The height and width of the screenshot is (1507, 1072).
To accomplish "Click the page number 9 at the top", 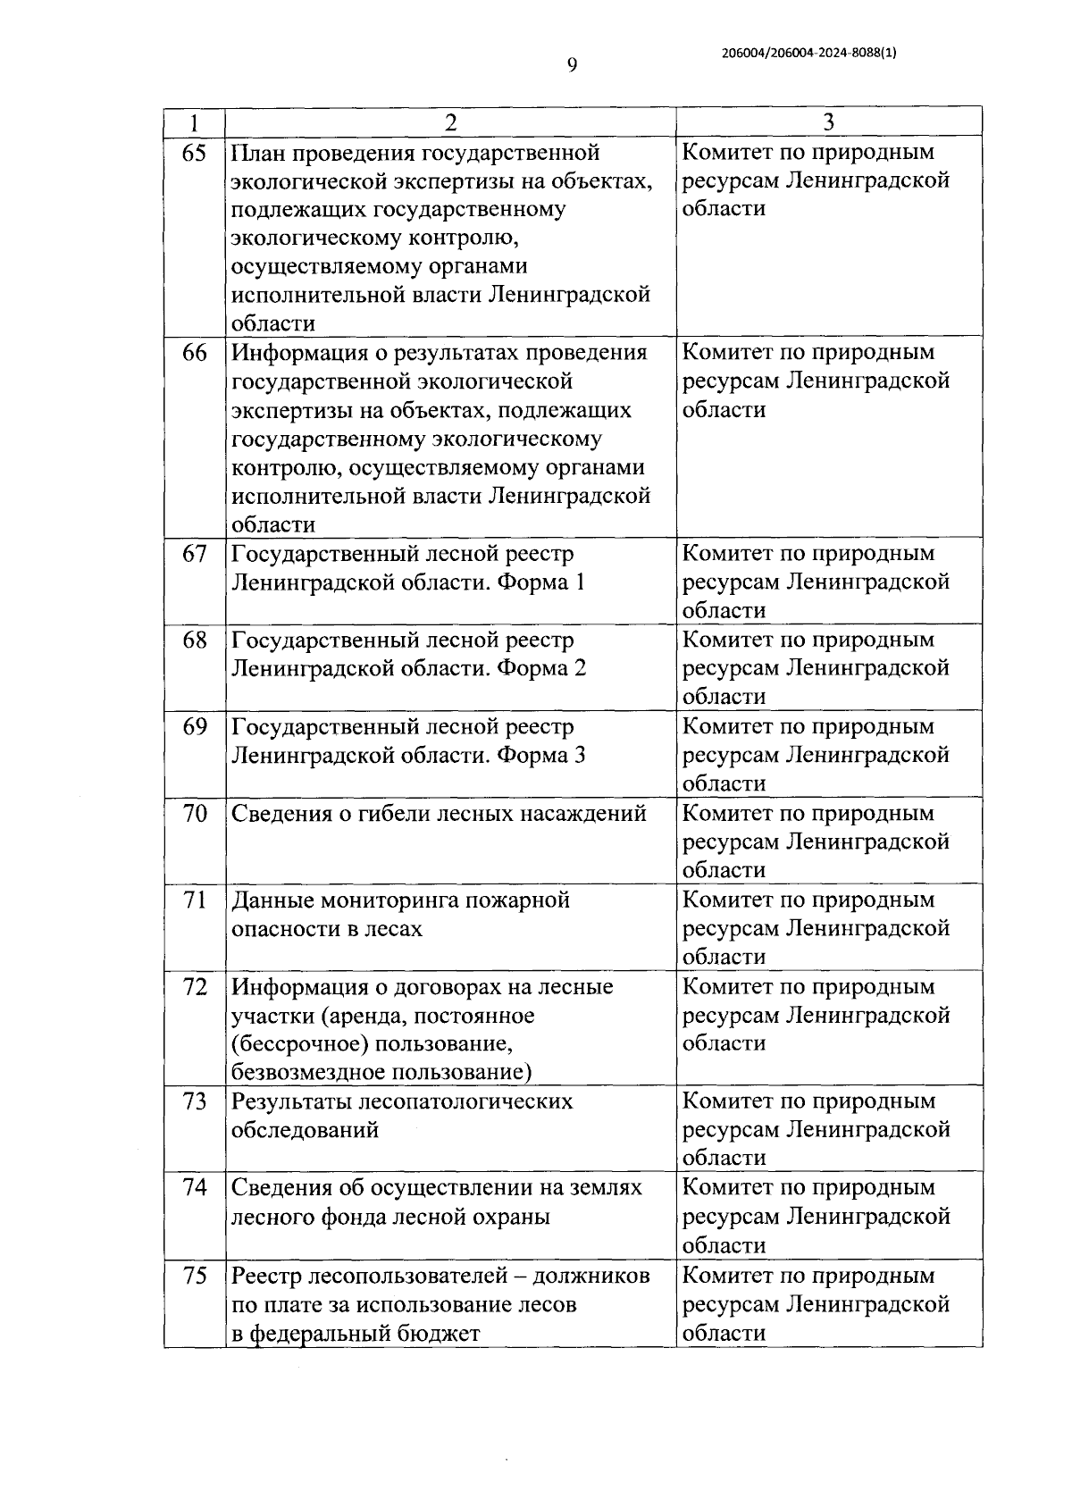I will (x=572, y=65).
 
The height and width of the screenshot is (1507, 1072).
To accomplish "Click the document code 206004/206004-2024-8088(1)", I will (x=808, y=53).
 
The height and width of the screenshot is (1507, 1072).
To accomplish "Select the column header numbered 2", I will (x=450, y=122).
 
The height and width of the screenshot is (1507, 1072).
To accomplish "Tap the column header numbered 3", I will (x=828, y=122).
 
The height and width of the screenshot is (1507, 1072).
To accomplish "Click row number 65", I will (x=194, y=153).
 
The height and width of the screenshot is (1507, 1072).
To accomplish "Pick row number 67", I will (x=194, y=554).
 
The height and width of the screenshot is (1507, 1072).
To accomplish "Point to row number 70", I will (x=194, y=814).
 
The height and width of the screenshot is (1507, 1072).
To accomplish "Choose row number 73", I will (x=194, y=1101).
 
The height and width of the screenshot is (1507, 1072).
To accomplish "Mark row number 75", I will (x=194, y=1276).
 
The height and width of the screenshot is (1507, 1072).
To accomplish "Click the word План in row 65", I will (x=260, y=153).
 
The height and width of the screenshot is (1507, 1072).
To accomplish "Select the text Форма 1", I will (x=541, y=582).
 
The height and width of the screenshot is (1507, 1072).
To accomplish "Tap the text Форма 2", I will (x=541, y=668).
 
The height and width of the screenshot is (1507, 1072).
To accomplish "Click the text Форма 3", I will (x=541, y=755).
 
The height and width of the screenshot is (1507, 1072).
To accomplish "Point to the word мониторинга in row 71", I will (x=391, y=900).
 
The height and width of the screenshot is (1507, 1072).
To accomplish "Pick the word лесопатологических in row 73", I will (x=465, y=1101).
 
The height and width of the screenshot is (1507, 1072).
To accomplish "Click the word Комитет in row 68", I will (x=727, y=640).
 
